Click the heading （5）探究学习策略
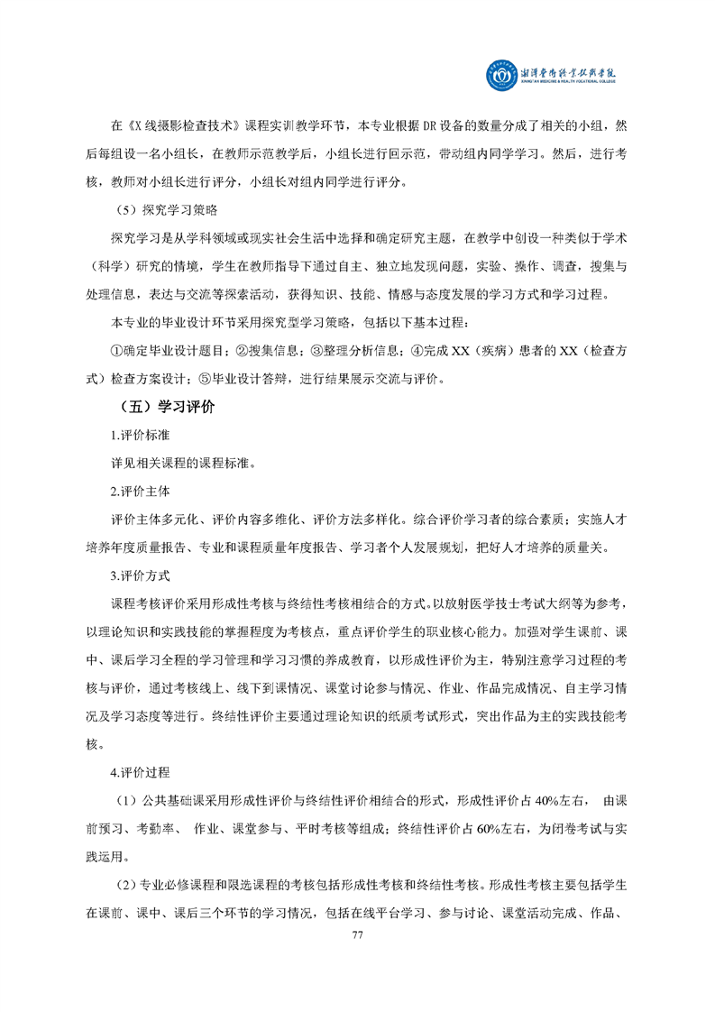[162, 210]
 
